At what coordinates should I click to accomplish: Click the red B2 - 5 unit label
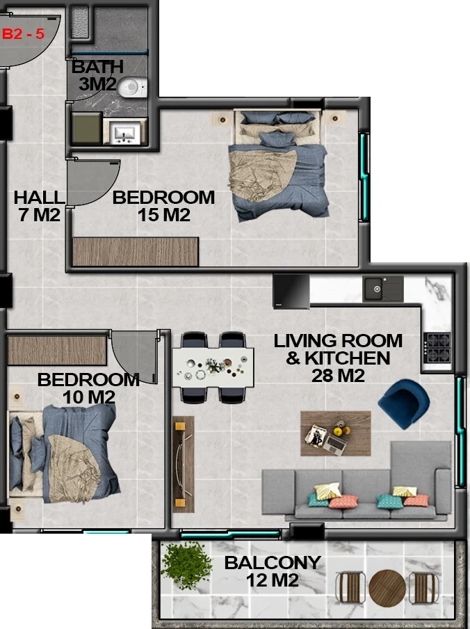pyautogui.click(x=23, y=33)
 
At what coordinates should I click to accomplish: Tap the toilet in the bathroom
pyautogui.click(x=132, y=87)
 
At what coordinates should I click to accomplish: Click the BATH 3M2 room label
pyautogui.click(x=97, y=75)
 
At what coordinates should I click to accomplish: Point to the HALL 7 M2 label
pyautogui.click(x=39, y=206)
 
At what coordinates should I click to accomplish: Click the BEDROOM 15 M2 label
pyautogui.click(x=163, y=206)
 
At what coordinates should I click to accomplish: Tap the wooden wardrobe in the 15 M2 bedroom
pyautogui.click(x=136, y=251)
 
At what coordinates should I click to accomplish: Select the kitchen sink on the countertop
pyautogui.click(x=382, y=289)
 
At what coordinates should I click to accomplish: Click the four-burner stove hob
pyautogui.click(x=437, y=347)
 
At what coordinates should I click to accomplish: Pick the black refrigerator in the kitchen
pyautogui.click(x=291, y=292)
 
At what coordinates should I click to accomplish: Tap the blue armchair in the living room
pyautogui.click(x=403, y=404)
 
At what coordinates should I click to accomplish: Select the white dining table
pyautogui.click(x=213, y=367)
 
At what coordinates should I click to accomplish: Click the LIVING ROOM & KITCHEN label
pyautogui.click(x=338, y=358)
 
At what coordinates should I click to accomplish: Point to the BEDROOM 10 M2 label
pyautogui.click(x=88, y=388)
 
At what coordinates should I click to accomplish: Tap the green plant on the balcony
pyautogui.click(x=186, y=565)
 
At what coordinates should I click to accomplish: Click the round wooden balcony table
pyautogui.click(x=387, y=588)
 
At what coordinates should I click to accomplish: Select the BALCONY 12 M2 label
pyautogui.click(x=273, y=571)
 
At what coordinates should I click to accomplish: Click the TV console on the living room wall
pyautogui.click(x=184, y=464)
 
